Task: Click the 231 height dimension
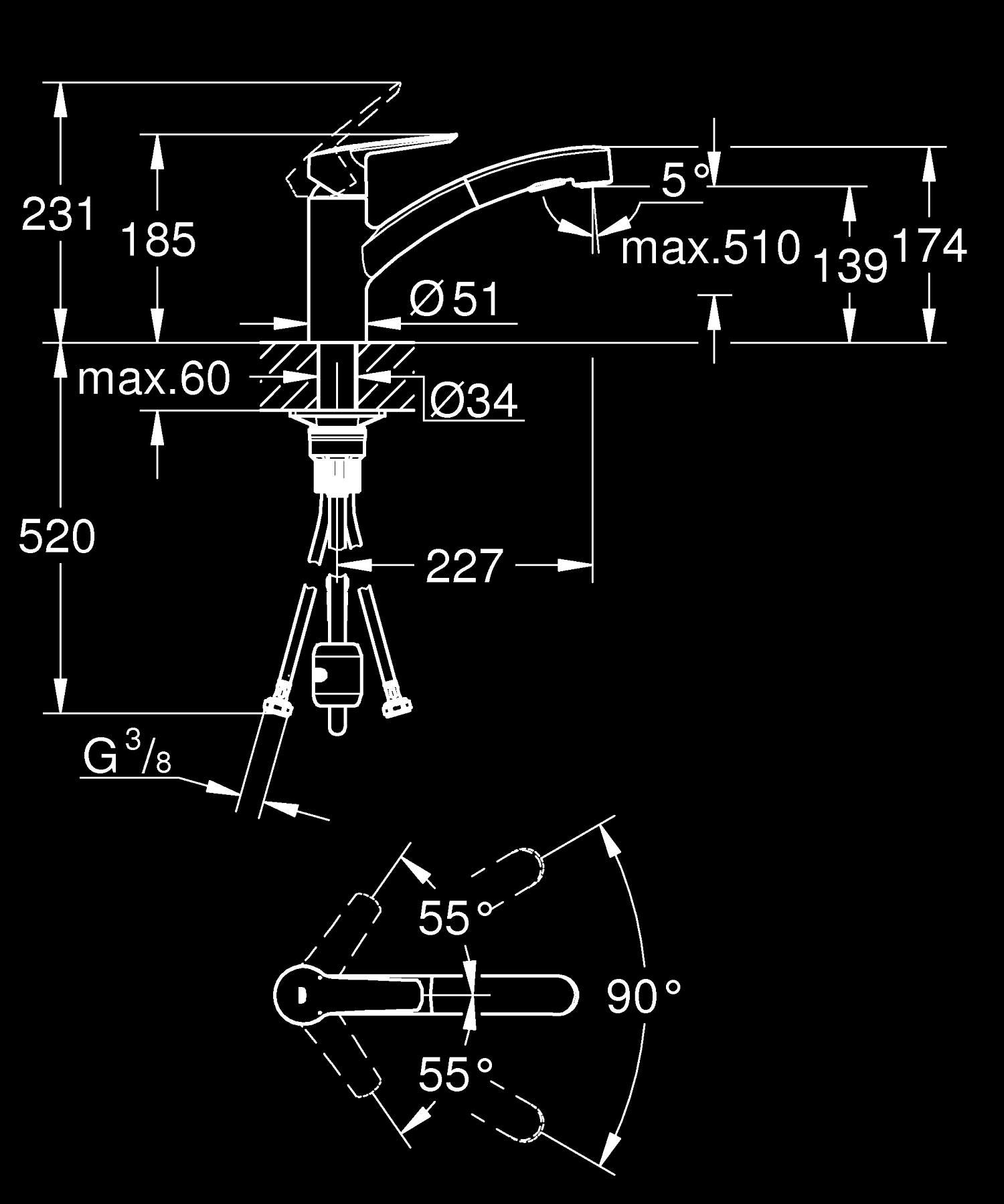click(59, 214)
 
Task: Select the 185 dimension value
click(159, 239)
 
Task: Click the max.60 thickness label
click(154, 378)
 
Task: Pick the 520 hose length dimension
click(57, 536)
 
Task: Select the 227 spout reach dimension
click(464, 567)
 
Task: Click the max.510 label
click(710, 247)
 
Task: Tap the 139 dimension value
click(850, 265)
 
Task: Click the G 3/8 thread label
click(127, 757)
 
